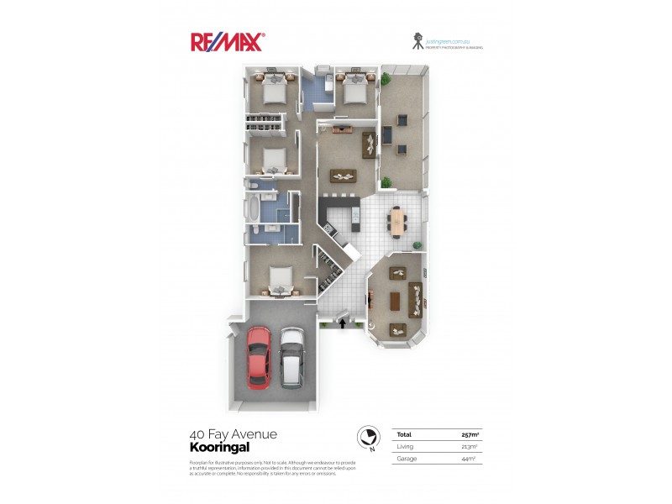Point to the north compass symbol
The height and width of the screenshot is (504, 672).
coord(366,437)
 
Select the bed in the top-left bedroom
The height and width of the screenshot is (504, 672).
coord(273,90)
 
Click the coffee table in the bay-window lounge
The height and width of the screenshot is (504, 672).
coord(396,301)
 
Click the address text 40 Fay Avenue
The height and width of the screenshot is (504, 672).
coord(234,434)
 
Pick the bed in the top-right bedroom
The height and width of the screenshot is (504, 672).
coord(352,87)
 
